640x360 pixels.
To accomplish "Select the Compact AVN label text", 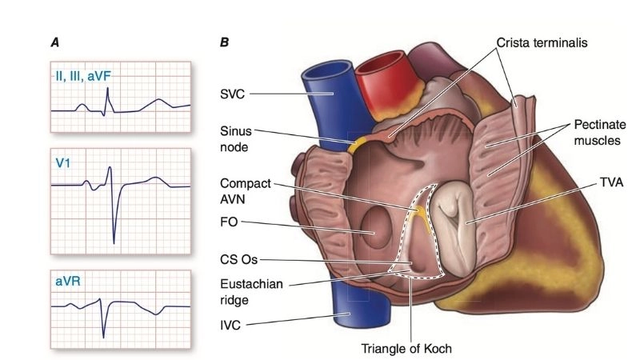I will [243, 190].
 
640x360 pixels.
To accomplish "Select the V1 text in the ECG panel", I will [63, 164].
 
